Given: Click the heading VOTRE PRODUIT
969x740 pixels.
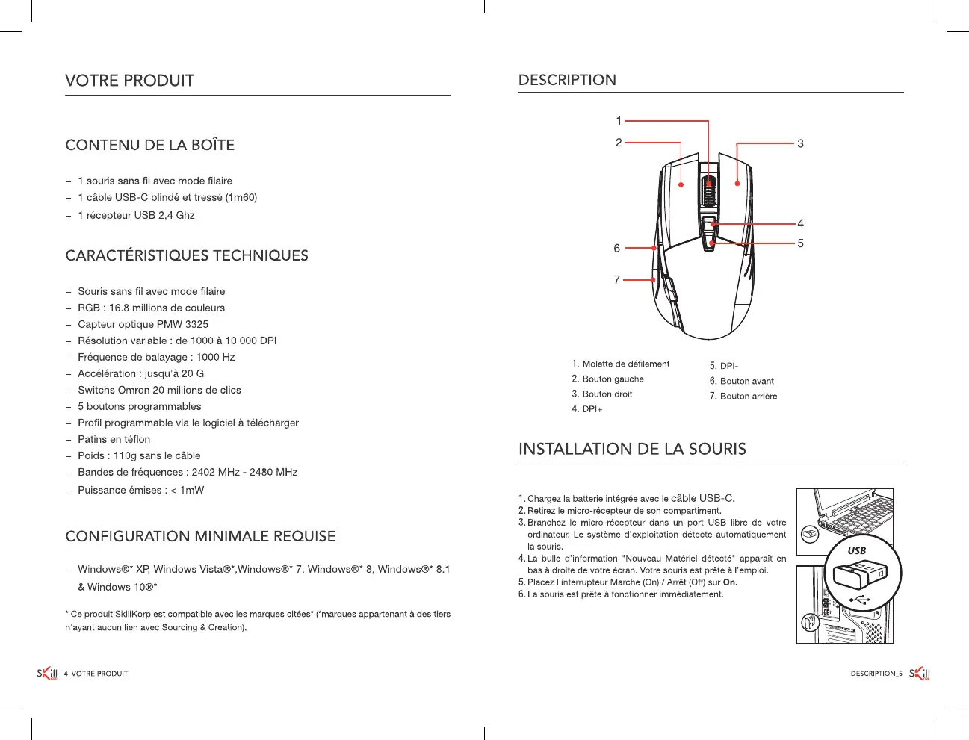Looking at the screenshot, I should click(129, 81).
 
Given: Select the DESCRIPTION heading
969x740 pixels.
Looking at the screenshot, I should click(567, 80).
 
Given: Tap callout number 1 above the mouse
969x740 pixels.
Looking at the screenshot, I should click(619, 121).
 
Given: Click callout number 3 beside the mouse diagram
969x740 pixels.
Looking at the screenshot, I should click(800, 143).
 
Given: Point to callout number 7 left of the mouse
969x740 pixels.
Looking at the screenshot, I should click(617, 280).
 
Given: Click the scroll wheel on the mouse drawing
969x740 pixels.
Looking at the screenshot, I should click(708, 190).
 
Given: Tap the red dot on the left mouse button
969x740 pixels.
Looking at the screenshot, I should click(681, 184).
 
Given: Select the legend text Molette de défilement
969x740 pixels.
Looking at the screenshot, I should click(625, 364).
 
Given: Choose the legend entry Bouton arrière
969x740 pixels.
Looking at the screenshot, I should click(748, 396).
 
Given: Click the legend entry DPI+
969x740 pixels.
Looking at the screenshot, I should click(592, 409).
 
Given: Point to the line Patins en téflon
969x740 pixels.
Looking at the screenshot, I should click(114, 439).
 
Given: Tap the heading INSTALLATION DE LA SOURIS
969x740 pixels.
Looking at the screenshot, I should click(632, 449).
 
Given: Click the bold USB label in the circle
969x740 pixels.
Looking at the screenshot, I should click(856, 550).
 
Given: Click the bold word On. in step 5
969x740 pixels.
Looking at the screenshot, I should click(730, 582).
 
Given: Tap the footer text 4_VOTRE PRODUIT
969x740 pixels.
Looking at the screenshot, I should click(96, 674).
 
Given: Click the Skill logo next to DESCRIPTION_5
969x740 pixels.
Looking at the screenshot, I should click(920, 674).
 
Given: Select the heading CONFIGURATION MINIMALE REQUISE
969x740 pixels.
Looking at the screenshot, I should click(200, 536).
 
